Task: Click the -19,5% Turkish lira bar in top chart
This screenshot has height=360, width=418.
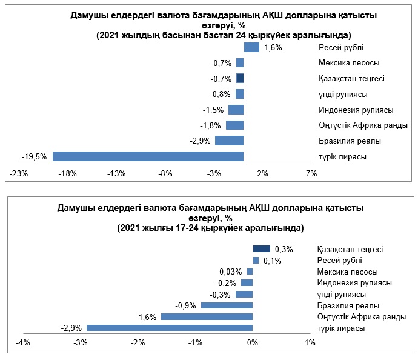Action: point(148,156)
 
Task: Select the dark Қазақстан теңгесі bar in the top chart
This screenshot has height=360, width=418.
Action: point(240,78)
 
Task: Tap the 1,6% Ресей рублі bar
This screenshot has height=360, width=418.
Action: point(251,47)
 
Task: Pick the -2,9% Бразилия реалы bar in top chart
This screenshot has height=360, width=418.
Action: point(229,141)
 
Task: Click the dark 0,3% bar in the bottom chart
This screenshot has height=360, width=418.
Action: point(261,248)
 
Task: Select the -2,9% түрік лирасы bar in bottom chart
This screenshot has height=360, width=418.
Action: point(169,328)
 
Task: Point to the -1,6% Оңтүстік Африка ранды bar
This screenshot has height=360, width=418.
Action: point(207,316)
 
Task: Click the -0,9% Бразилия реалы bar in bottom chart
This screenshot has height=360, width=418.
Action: point(227,305)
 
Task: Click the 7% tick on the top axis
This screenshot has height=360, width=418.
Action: point(311,174)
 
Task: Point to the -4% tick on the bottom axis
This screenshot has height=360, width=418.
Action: point(22,344)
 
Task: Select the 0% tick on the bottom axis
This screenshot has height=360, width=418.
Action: point(253,344)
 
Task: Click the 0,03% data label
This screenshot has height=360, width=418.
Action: point(230,272)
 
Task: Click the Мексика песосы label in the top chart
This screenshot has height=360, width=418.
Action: point(349,63)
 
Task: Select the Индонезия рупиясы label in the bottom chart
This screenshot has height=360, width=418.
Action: point(354,282)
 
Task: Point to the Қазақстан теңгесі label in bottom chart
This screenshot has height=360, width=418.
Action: point(350,249)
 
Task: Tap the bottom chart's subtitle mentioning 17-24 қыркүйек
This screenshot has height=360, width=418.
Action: point(210,228)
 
